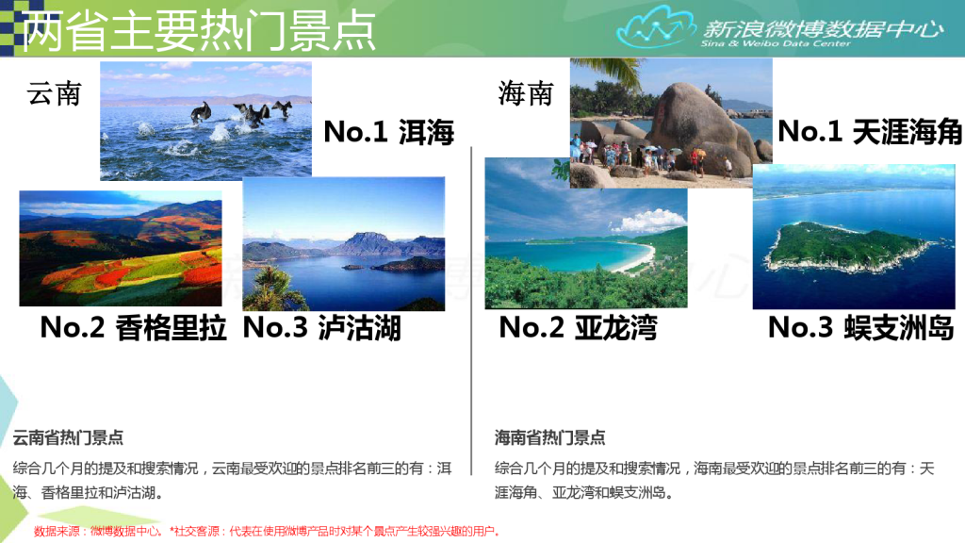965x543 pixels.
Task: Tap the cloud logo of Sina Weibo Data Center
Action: (653, 27)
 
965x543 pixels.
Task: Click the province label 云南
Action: (54, 93)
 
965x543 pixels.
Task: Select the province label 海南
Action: (526, 93)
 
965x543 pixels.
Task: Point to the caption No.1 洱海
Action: (389, 132)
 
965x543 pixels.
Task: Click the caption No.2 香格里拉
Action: (134, 327)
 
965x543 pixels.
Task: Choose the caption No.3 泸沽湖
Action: (322, 327)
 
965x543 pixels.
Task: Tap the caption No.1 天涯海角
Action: (870, 131)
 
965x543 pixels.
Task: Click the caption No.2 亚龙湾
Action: (578, 327)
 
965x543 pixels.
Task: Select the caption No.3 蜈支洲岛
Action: (861, 327)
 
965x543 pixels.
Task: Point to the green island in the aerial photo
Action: (849, 247)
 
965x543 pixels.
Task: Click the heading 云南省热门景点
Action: (68, 437)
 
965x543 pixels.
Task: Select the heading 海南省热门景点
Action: (550, 437)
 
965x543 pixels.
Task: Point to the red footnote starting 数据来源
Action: (267, 531)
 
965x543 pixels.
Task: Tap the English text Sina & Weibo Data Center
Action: (776, 43)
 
